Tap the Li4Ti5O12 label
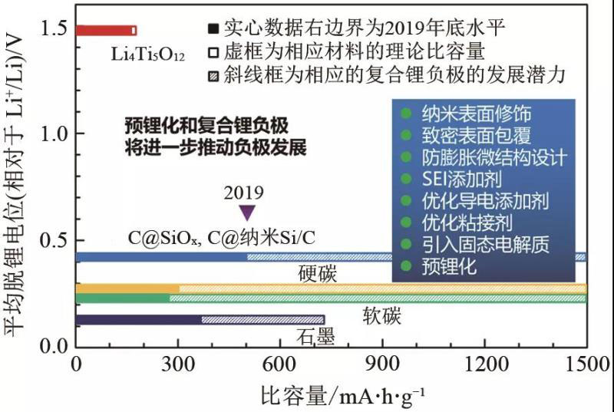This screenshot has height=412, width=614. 146,54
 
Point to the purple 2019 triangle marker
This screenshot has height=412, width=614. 247,213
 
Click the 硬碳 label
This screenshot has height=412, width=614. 318,275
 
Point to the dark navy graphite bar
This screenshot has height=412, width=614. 138,320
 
